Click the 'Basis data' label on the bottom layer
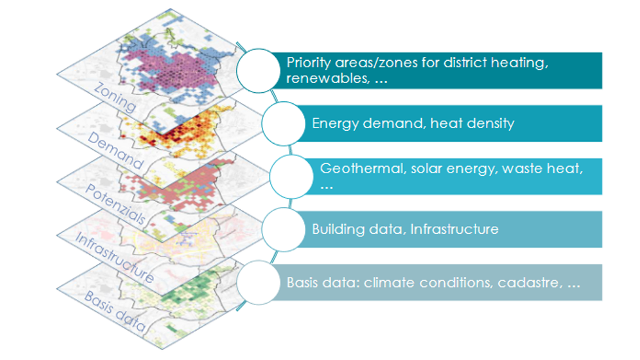[x=115, y=311]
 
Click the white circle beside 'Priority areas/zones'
[x=259, y=71]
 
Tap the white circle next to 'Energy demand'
[x=283, y=123]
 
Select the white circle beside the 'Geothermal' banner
[x=291, y=176]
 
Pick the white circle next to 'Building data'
[x=283, y=229]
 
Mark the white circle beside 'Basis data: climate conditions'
[x=259, y=282]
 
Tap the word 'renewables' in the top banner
[x=328, y=78]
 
